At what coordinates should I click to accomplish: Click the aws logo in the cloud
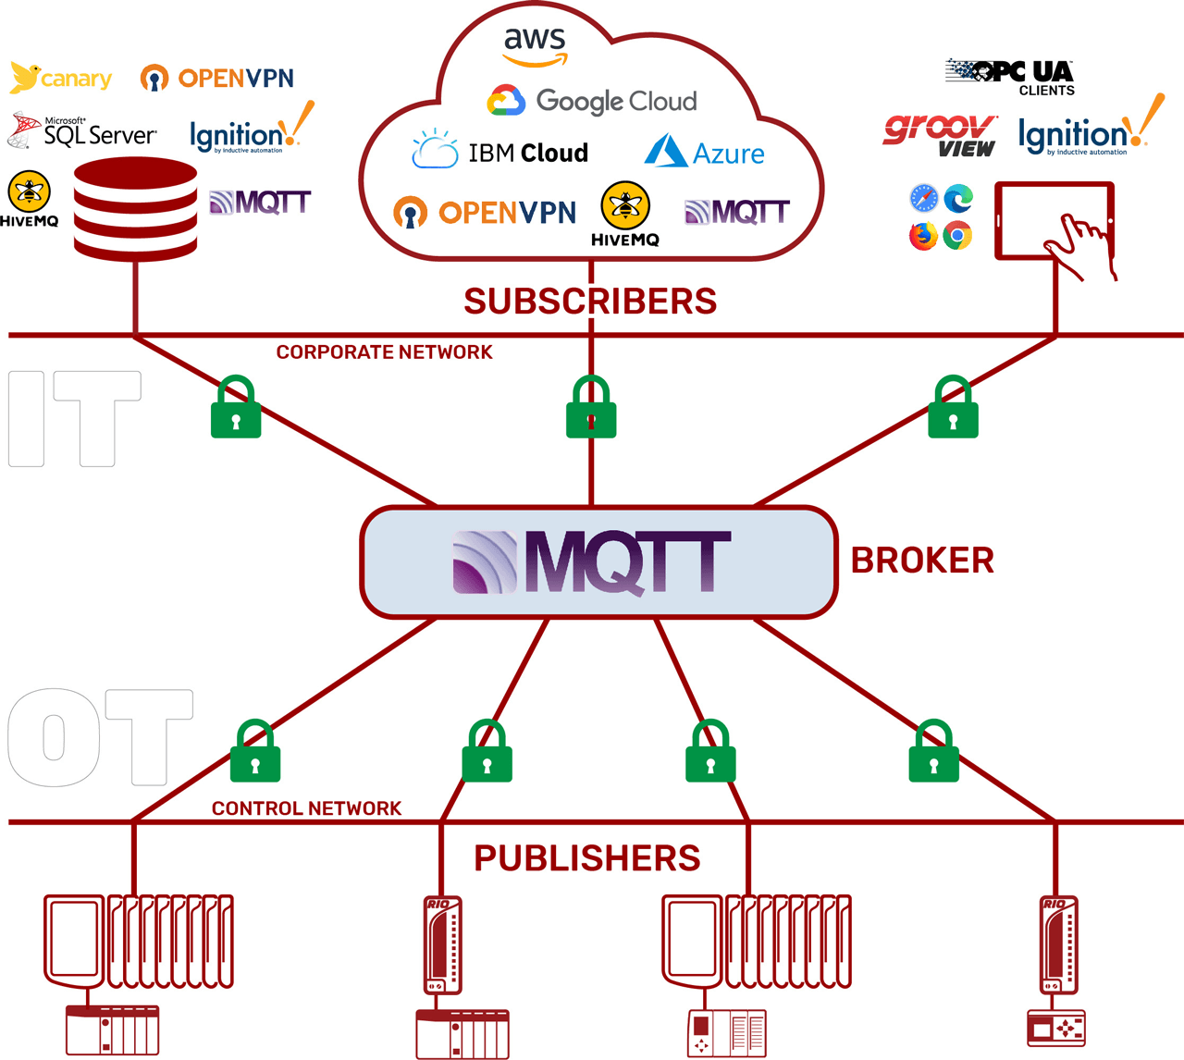click(535, 46)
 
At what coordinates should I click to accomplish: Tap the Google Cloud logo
click(592, 101)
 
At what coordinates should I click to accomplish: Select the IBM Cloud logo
click(500, 152)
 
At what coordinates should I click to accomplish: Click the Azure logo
click(705, 152)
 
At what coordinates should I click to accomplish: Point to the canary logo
click(61, 79)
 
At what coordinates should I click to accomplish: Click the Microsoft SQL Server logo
click(83, 131)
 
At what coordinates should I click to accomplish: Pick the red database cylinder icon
click(135, 209)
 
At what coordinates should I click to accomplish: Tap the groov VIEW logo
click(940, 135)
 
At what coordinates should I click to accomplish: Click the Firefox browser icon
click(923, 236)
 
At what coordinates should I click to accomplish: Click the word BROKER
click(922, 561)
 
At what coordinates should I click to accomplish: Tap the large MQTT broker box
click(598, 561)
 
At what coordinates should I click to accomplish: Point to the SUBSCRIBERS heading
click(590, 302)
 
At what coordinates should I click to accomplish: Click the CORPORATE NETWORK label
click(384, 352)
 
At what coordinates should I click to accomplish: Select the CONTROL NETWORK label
click(306, 808)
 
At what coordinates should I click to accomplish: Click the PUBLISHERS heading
click(587, 858)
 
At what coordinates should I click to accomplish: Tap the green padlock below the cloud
click(591, 408)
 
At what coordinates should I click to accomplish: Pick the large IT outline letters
click(74, 418)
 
